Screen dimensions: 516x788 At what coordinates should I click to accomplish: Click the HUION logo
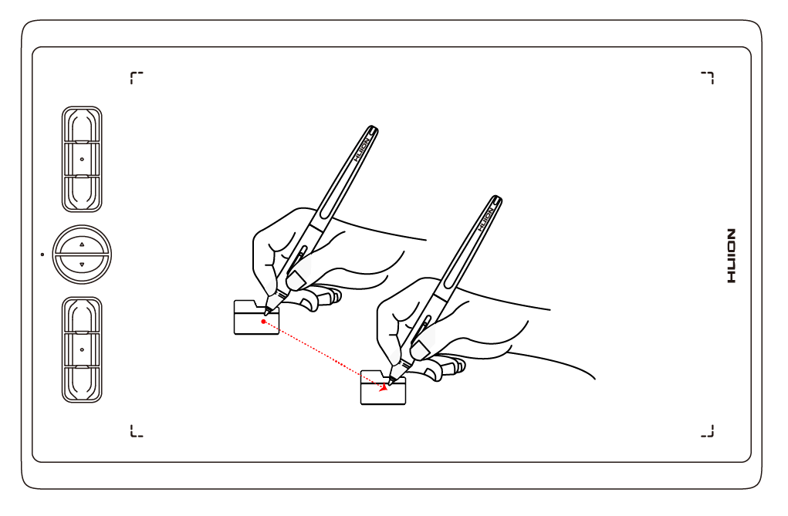tap(732, 255)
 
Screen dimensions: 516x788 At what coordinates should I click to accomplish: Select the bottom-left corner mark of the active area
tap(135, 431)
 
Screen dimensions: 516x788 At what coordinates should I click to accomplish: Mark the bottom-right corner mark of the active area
tap(709, 431)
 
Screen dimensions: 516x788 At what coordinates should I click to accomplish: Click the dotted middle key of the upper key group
tap(82, 158)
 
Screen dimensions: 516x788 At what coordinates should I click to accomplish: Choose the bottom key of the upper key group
tap(82, 193)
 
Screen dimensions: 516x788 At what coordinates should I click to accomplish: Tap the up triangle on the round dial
tap(82, 243)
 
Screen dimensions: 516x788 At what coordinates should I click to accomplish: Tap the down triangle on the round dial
tap(82, 265)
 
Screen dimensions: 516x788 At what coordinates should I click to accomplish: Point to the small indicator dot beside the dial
tap(42, 253)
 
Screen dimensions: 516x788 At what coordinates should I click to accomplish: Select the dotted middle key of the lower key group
tap(82, 349)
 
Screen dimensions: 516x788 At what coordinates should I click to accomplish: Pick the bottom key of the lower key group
tap(82, 383)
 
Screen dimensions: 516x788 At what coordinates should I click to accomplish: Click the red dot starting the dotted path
tap(264, 321)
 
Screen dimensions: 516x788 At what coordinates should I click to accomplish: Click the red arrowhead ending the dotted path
tap(384, 388)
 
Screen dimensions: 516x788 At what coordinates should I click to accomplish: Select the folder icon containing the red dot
tap(256, 318)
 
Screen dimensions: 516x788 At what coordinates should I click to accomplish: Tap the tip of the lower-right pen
tap(391, 382)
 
